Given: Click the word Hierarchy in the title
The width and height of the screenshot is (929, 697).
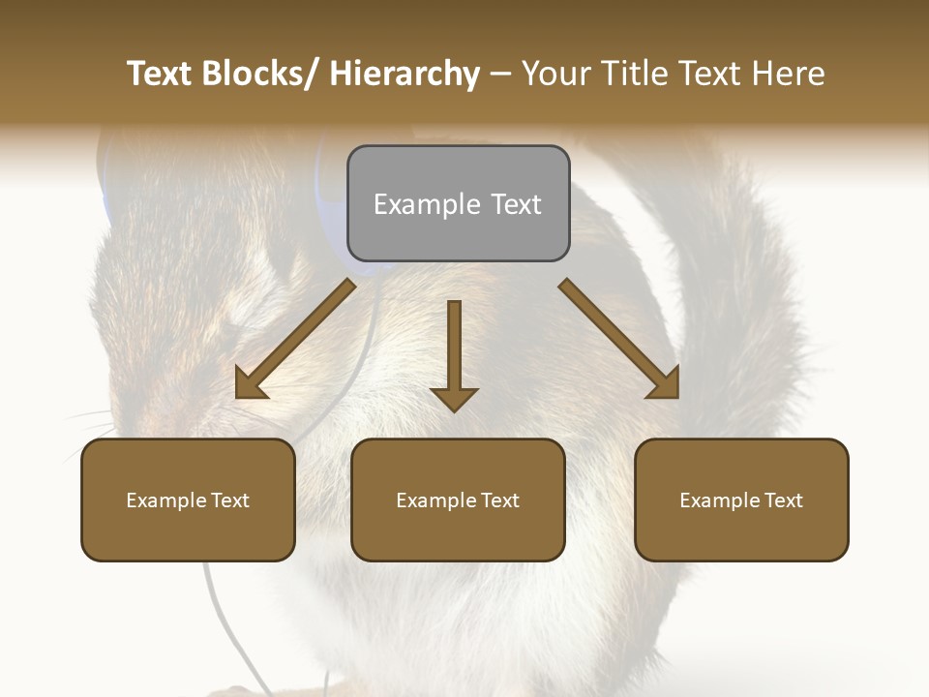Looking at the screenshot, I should click(x=405, y=74).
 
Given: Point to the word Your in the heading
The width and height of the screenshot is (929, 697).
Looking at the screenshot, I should click(x=554, y=74).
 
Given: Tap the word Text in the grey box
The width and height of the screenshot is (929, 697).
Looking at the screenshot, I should click(x=515, y=204).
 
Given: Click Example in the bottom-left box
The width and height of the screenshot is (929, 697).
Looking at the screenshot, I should click(x=166, y=500).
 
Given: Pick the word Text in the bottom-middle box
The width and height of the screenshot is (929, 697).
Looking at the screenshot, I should click(x=498, y=500).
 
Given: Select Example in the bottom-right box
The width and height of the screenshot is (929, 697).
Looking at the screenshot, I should click(x=720, y=500).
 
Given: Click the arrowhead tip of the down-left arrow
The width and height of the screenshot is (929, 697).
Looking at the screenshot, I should click(x=241, y=392).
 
